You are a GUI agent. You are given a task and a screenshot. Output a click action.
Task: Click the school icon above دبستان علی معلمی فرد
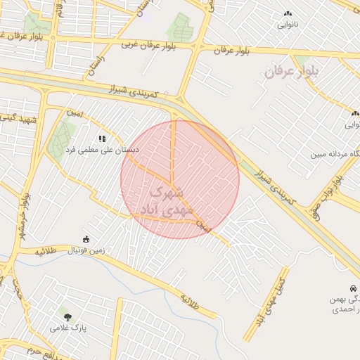pyautogui.click(x=102, y=139)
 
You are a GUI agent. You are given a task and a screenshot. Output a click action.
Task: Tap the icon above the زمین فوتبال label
pyautogui.click(x=86, y=238)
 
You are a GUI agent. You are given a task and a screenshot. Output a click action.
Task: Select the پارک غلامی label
pyautogui.click(x=67, y=327)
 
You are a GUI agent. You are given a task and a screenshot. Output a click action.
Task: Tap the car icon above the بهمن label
pyautogui.click(x=352, y=288)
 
